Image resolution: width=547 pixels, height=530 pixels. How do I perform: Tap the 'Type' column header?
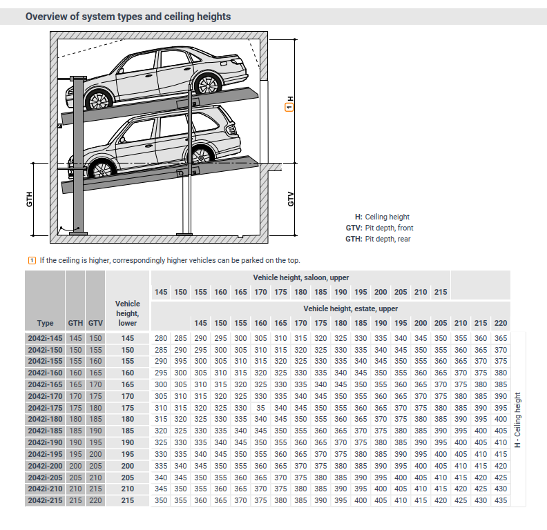tap(45, 323)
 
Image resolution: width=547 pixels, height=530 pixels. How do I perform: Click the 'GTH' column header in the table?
tap(75, 323)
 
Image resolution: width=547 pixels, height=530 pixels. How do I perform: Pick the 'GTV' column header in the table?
tap(95, 323)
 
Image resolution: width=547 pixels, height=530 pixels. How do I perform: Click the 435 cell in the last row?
tap(501, 500)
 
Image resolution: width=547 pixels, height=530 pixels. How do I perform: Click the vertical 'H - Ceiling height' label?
tap(518, 419)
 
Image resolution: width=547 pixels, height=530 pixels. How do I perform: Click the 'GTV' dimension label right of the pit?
tap(291, 199)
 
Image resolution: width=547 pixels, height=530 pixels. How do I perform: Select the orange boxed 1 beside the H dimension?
tap(290, 107)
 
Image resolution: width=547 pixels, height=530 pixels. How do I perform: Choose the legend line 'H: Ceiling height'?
tap(382, 217)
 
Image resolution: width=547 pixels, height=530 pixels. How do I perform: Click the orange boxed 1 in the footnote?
tap(31, 260)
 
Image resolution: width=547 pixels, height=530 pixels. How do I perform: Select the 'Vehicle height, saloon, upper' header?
tap(300, 277)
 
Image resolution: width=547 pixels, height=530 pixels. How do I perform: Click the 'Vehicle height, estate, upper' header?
tap(350, 308)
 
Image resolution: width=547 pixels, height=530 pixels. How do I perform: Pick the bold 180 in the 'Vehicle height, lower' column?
tap(127, 419)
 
